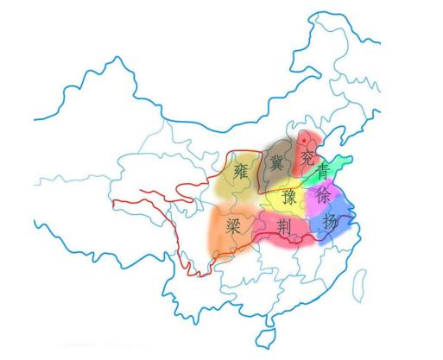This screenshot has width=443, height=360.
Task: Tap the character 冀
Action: (x=277, y=161)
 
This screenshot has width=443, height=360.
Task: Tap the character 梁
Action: (x=233, y=226)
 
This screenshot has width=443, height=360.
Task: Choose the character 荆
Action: (x=283, y=226)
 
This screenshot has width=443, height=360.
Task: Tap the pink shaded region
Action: (x=294, y=233)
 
